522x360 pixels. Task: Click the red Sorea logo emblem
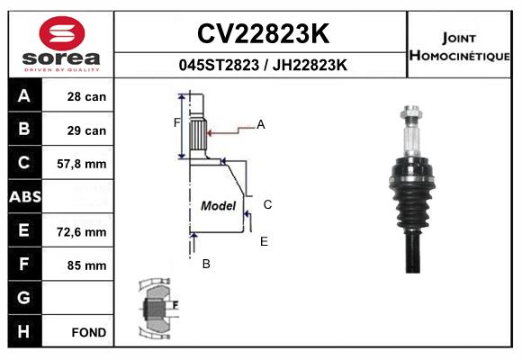[x=62, y=33]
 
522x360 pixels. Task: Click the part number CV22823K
[x=264, y=33]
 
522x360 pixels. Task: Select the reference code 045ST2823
[x=219, y=65]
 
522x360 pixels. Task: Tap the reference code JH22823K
[x=310, y=65]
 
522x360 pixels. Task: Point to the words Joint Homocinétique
[x=459, y=48]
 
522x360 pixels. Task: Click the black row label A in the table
[x=24, y=96]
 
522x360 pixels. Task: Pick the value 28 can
[x=86, y=97]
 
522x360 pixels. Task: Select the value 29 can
[x=86, y=130]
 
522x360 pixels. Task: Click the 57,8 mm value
[x=82, y=164]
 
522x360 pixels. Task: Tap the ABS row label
[x=25, y=197]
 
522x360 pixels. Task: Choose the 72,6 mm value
[x=82, y=232]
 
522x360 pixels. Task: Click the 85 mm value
[x=86, y=265]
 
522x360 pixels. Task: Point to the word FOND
[x=89, y=332]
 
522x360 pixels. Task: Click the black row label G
[x=23, y=297]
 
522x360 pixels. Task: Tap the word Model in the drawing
[x=218, y=205]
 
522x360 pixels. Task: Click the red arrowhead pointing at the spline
[x=210, y=133]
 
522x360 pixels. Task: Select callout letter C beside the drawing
[x=267, y=204]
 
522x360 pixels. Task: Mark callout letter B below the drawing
[x=206, y=264]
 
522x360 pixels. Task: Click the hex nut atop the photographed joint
[x=411, y=112]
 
